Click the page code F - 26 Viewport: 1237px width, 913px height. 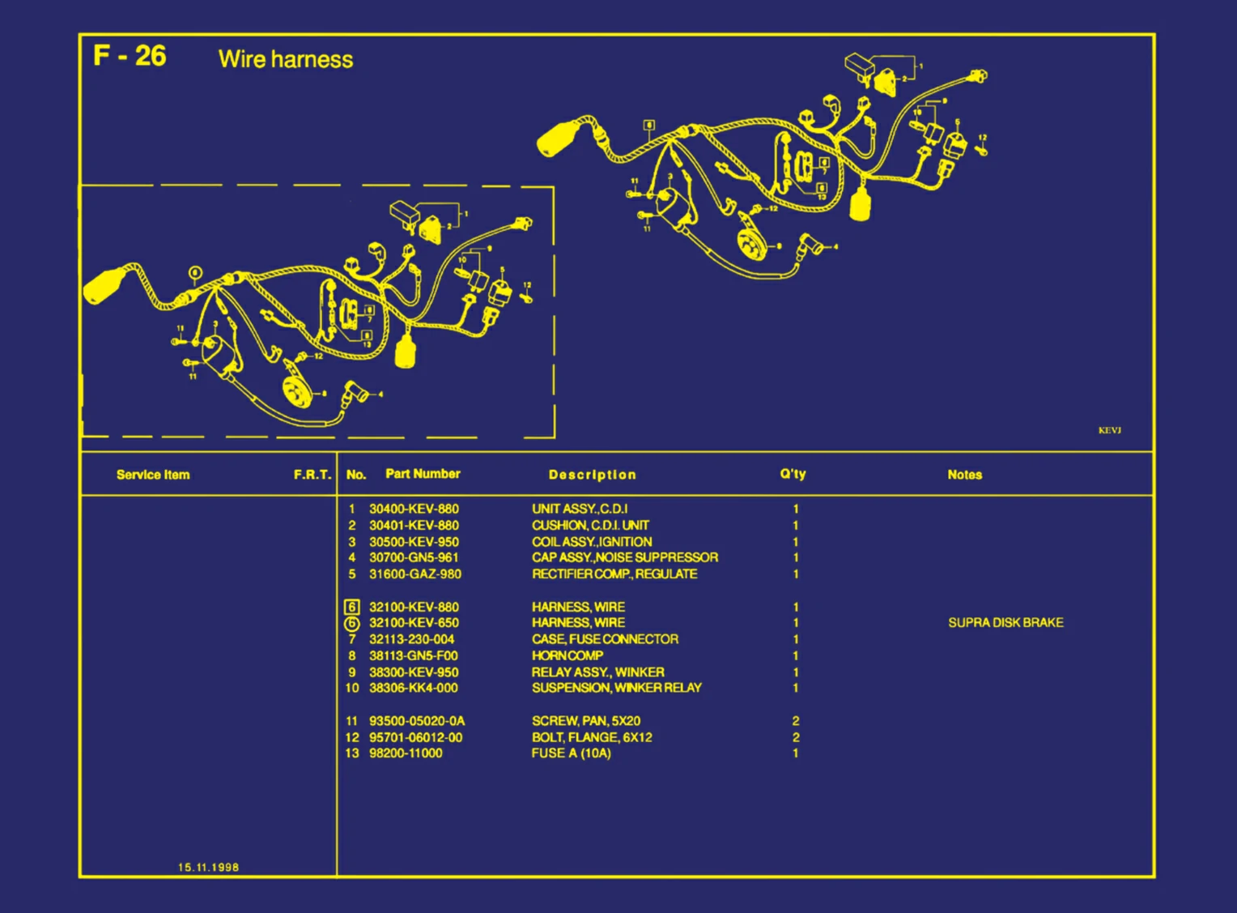130,56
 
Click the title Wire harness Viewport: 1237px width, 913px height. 285,59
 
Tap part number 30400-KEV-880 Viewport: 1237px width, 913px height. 414,509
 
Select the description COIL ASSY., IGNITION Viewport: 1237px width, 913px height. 591,542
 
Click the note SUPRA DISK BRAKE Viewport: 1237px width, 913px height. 1005,622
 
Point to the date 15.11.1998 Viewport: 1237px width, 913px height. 208,867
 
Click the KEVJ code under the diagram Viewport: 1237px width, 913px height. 1109,430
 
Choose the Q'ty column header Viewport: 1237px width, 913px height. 793,474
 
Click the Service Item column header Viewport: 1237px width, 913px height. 153,475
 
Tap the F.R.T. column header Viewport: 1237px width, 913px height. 312,475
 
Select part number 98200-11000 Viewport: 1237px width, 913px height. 406,753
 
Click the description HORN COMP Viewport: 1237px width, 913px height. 567,655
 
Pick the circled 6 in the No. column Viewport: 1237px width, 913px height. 351,624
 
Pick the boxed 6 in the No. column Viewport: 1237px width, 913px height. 351,607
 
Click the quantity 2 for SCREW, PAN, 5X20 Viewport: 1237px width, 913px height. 796,721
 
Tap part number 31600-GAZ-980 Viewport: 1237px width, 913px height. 414,574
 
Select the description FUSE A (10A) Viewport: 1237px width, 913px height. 571,753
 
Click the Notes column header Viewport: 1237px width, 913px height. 964,475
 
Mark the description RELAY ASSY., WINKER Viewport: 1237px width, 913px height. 597,672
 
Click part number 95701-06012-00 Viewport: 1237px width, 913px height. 415,737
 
